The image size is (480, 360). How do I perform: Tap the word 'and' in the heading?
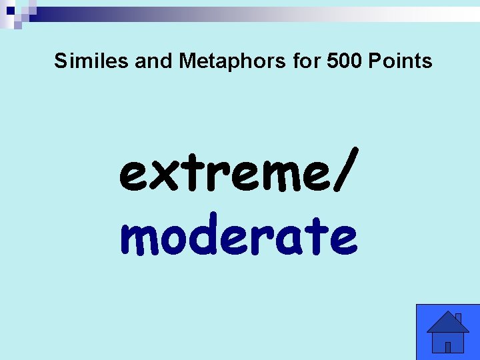[x=153, y=61]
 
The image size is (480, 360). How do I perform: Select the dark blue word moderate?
[x=239, y=237]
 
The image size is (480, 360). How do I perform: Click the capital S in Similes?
[x=61, y=61]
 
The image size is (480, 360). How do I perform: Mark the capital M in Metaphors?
[x=187, y=61]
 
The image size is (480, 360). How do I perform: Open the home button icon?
[x=448, y=331]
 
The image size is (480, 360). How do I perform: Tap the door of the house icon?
[x=448, y=347]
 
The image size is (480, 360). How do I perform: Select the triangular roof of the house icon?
[x=447, y=323]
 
